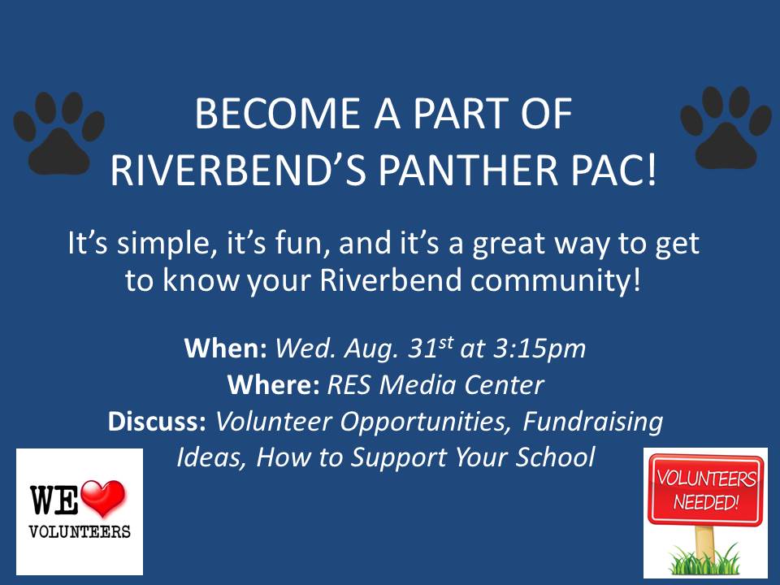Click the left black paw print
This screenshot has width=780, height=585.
58,134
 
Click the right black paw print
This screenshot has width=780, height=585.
726,129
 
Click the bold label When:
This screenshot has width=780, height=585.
226,348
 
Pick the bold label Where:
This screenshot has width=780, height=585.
274,384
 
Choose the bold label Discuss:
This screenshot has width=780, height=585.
157,421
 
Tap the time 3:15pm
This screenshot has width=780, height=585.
539,349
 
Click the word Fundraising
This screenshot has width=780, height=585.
593,422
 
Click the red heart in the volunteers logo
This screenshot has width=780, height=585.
103,498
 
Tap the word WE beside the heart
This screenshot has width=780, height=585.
54,500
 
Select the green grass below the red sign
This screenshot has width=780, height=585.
705,561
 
